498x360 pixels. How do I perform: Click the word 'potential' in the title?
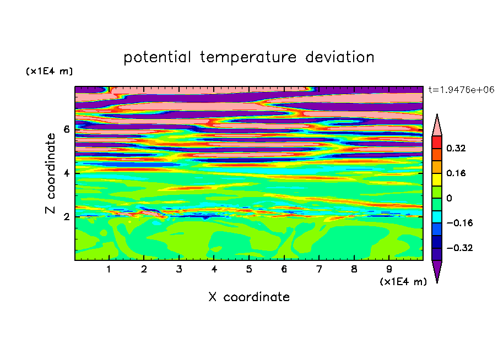point(157,57)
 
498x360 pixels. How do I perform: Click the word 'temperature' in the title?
point(248,57)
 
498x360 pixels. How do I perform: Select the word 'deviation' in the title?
point(340,57)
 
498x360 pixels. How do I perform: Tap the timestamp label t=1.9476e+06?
point(461,90)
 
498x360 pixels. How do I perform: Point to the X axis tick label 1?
point(109,269)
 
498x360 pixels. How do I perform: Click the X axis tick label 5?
point(249,269)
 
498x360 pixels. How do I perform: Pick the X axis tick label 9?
point(389,269)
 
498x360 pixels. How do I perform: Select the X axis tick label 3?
point(179,269)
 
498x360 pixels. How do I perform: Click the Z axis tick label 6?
point(66,129)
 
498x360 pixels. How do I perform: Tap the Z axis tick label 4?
point(66,173)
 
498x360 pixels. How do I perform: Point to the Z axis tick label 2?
point(66,217)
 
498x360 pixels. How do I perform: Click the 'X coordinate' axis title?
point(249,297)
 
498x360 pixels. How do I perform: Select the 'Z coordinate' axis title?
point(51,173)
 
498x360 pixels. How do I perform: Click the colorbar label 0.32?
point(456,148)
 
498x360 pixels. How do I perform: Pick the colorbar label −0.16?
point(459,223)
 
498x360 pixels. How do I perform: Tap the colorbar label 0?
point(449,198)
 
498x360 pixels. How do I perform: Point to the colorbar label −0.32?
point(459,248)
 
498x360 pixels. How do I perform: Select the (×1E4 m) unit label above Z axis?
point(49,71)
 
